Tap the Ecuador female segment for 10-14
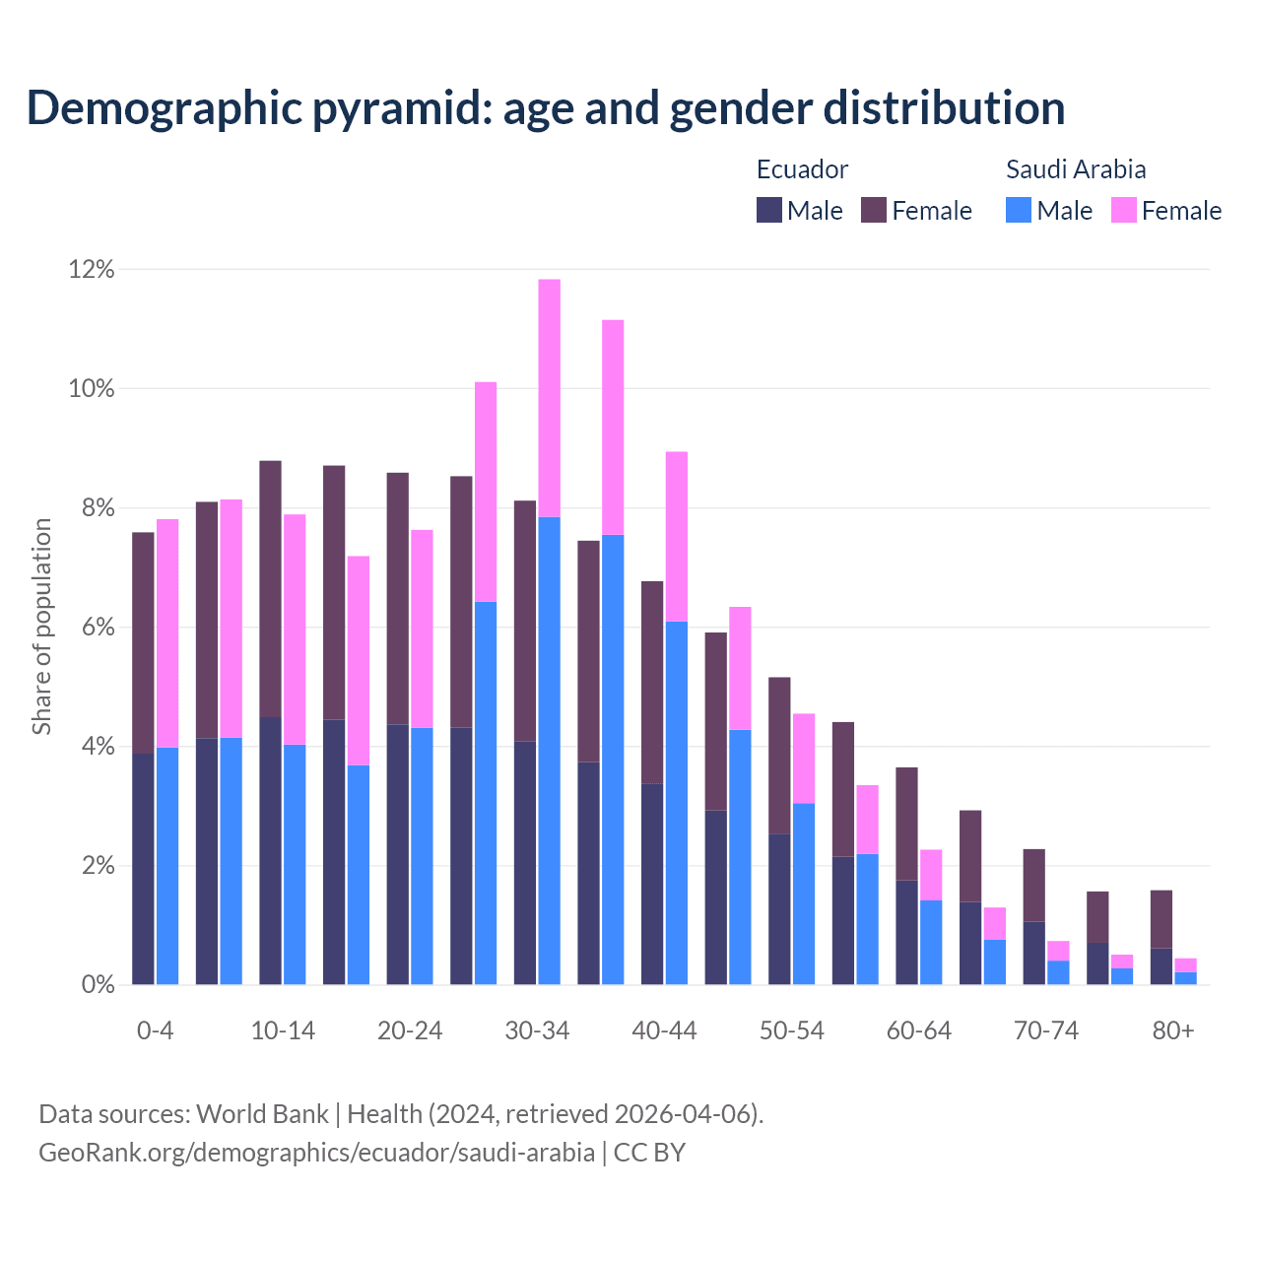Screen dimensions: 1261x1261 270,589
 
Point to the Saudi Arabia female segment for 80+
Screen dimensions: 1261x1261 1185,965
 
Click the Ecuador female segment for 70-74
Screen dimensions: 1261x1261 1033,885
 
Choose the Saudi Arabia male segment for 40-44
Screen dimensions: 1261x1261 676,803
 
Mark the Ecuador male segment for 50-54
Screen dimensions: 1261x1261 779,909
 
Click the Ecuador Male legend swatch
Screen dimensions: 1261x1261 768,210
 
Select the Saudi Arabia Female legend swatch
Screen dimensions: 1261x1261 1123,210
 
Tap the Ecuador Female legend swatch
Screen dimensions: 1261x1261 874,210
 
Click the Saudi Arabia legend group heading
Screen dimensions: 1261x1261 1076,169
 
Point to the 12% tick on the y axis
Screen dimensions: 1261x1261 92,269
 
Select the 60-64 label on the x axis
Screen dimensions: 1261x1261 919,1031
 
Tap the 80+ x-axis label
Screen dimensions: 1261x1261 1173,1031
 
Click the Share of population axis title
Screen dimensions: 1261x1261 42,627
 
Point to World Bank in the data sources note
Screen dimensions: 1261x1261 262,1114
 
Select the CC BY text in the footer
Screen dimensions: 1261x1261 649,1153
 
